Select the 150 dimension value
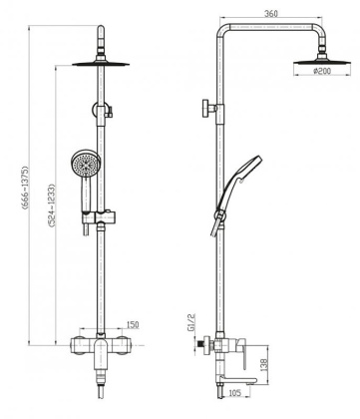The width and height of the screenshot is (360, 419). pyautogui.click(x=132, y=325)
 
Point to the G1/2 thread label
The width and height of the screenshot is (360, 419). pyautogui.click(x=189, y=323)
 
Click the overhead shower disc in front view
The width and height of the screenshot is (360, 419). pyautogui.click(x=103, y=65)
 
